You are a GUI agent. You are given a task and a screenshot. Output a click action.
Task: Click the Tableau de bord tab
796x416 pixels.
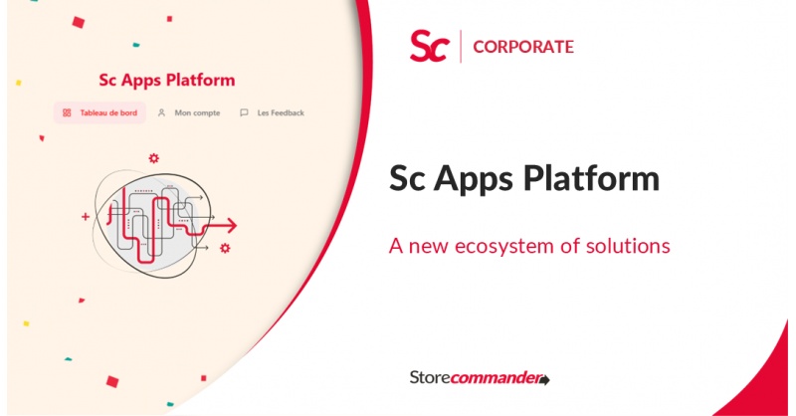99,112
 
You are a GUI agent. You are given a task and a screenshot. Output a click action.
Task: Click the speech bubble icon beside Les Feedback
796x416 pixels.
244,112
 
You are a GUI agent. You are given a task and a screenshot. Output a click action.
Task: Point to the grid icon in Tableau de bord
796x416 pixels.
67,112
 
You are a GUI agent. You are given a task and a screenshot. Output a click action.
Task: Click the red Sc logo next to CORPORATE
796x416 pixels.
429,47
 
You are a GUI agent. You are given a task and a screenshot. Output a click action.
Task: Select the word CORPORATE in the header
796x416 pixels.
523,47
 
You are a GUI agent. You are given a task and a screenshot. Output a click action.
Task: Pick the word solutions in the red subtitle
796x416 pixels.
627,245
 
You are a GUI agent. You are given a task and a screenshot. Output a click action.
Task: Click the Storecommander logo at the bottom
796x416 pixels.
479,377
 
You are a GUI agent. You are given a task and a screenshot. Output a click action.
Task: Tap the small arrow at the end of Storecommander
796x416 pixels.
545,379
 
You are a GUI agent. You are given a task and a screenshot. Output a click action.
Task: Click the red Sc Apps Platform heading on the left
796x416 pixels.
167,80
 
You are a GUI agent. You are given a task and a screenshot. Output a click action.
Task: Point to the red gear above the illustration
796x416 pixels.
153,157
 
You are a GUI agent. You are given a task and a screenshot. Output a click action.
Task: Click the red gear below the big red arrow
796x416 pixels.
226,247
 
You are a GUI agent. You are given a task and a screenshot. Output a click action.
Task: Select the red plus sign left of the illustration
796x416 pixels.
86,215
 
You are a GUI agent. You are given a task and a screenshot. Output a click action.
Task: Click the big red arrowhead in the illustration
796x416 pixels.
230,224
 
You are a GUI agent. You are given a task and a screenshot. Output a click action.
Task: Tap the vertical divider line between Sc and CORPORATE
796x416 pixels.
461,47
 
